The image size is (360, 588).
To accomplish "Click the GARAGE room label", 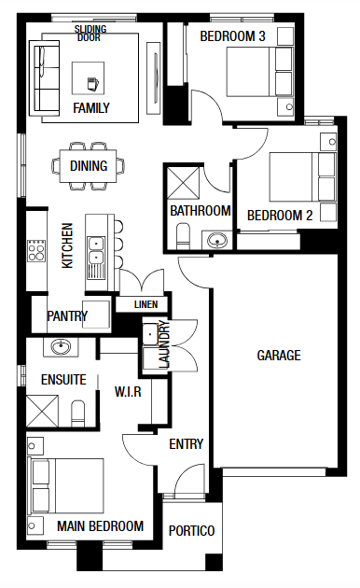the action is [x=279, y=355].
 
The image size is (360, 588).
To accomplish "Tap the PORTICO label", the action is [x=191, y=531].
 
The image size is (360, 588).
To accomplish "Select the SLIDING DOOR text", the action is [x=90, y=33].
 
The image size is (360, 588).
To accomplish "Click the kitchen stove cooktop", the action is [x=36, y=250].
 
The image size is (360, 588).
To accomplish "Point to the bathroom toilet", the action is [x=183, y=236].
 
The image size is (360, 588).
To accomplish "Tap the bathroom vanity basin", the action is [x=217, y=240].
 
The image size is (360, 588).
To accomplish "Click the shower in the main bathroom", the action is [x=183, y=183].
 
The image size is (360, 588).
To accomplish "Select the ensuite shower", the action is [x=42, y=411].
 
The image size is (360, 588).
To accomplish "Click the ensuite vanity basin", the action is [x=61, y=347].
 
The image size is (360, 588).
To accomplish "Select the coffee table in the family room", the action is [x=88, y=78].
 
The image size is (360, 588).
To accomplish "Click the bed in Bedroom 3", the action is [x=259, y=71].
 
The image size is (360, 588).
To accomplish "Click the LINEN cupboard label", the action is [x=145, y=304].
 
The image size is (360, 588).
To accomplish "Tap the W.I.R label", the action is [x=128, y=392].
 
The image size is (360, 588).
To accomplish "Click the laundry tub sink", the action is [x=150, y=333].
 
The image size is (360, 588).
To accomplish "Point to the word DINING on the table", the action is [x=89, y=166].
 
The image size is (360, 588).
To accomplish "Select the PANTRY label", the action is [x=67, y=315].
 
